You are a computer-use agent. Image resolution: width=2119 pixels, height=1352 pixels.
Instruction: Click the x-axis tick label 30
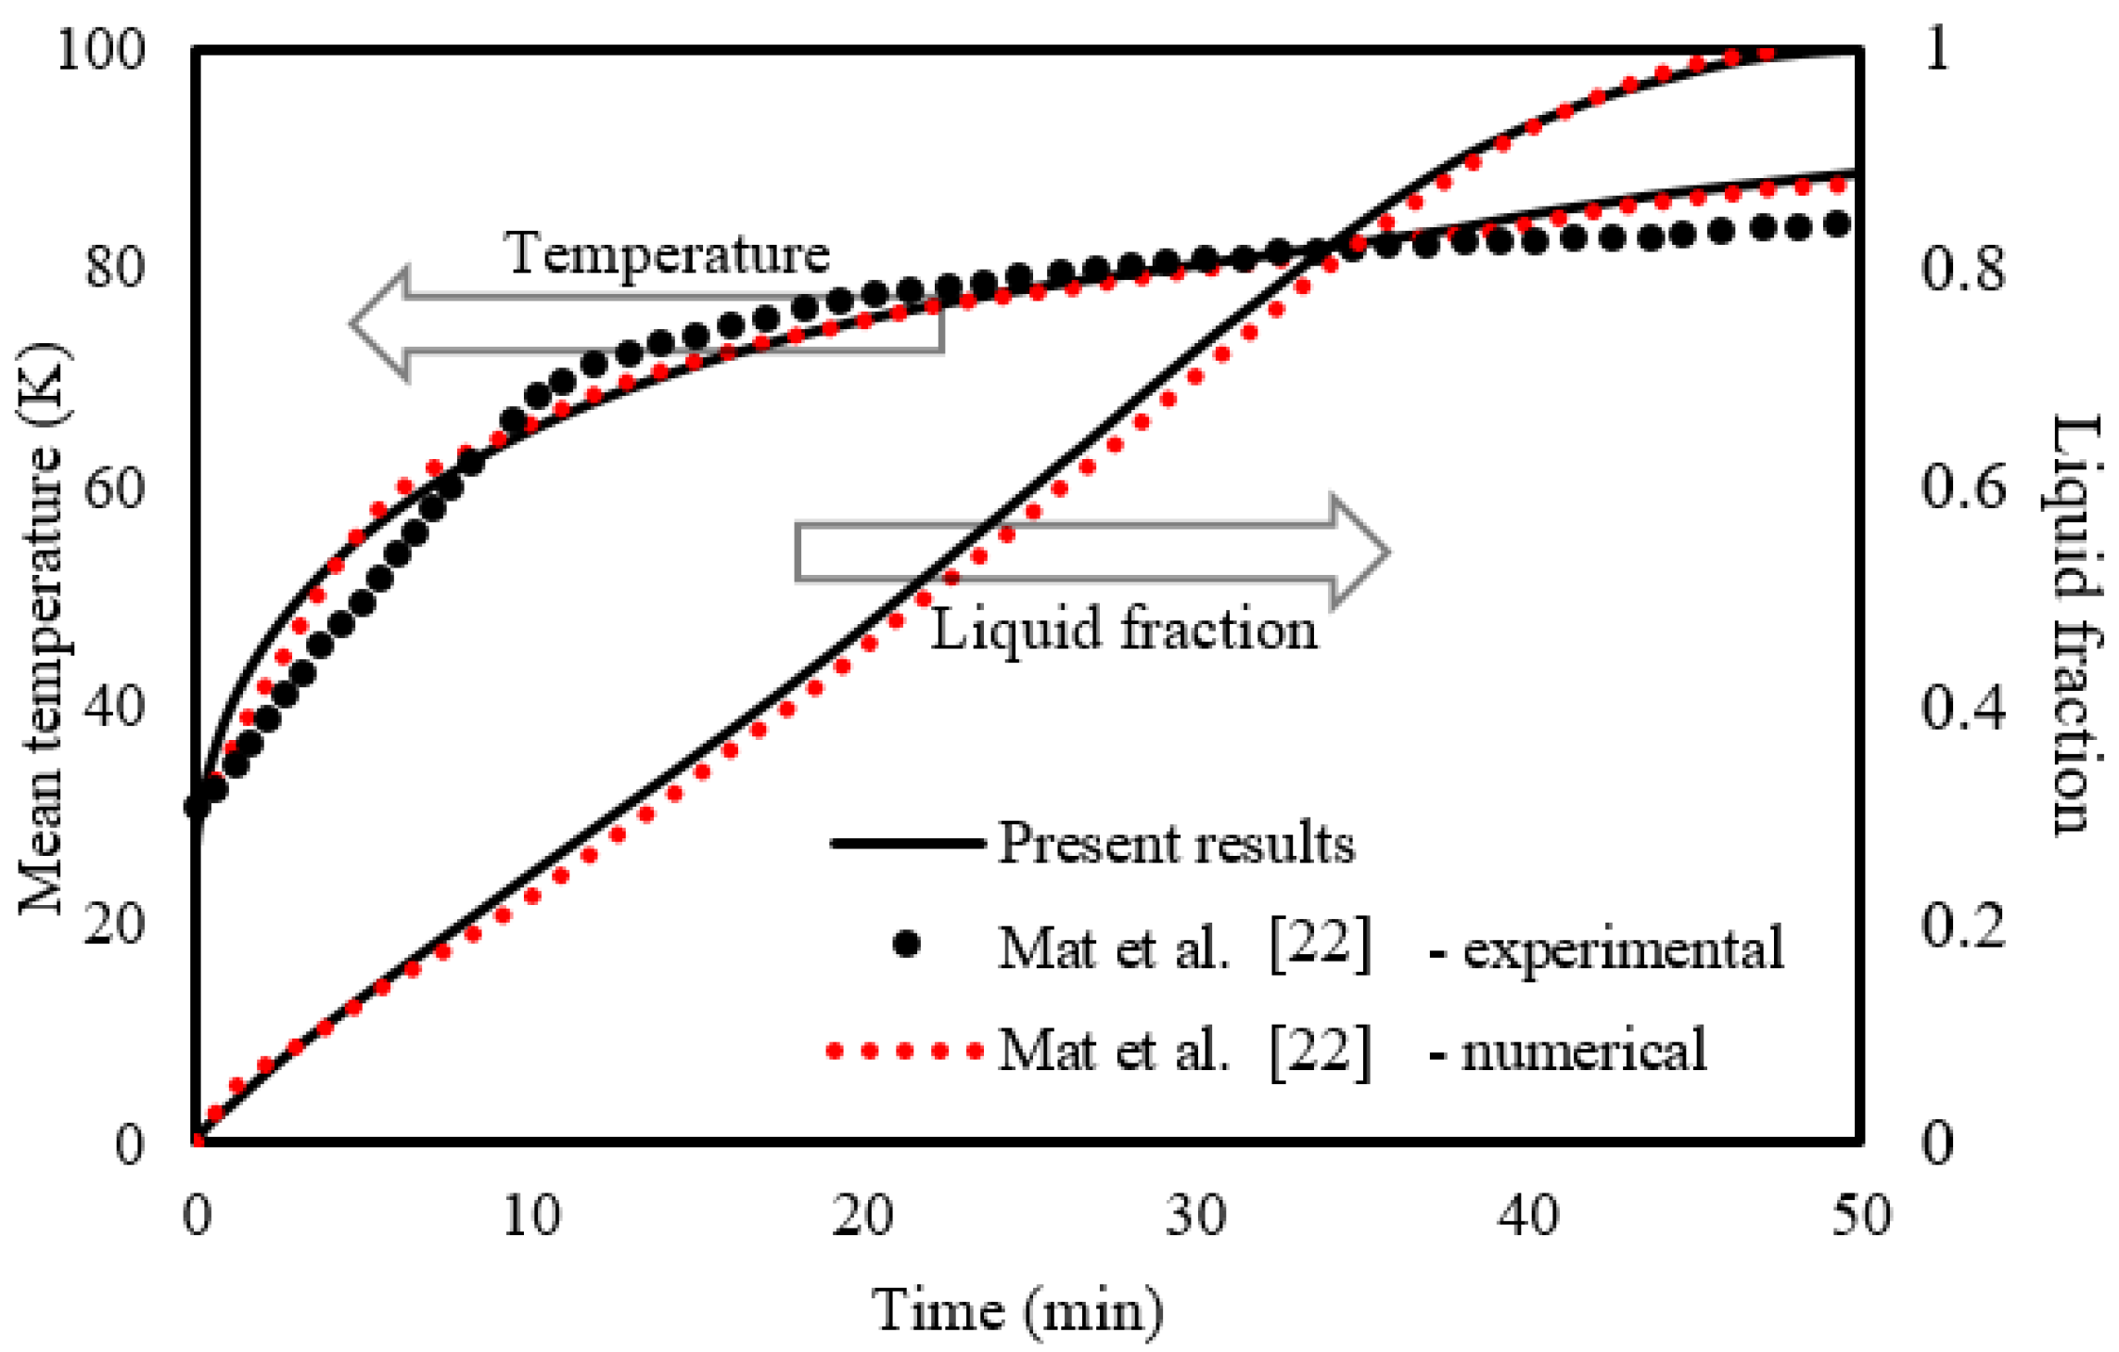(x=1195, y=1215)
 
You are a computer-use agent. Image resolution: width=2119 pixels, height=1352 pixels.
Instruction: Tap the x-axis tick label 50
(x=1860, y=1215)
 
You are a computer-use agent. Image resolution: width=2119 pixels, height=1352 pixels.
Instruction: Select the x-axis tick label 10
(x=530, y=1215)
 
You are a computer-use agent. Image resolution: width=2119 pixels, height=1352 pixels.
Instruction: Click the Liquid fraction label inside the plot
(x=1123, y=630)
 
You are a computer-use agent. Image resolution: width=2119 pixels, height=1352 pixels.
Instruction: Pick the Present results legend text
(x=1176, y=844)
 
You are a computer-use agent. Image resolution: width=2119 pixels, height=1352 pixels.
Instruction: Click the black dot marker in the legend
(x=906, y=944)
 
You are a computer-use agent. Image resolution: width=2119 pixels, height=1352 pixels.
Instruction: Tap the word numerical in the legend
(x=1584, y=1051)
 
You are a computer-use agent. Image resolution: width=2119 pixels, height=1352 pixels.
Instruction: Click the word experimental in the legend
(x=1623, y=948)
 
